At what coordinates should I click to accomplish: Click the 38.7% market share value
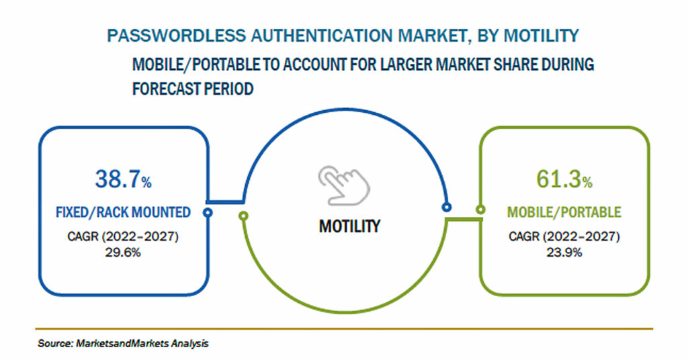124,179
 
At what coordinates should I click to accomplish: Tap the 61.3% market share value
564,179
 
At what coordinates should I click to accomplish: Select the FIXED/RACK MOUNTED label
124,212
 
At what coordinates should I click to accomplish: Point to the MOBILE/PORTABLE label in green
564,212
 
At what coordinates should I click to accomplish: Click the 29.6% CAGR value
123,253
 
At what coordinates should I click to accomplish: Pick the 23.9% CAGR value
564,253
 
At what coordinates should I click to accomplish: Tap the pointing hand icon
344,185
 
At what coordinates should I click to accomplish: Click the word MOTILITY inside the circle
349,226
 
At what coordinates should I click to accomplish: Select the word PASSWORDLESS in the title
177,36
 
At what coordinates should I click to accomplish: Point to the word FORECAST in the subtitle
166,89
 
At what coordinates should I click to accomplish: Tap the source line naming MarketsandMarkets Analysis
123,343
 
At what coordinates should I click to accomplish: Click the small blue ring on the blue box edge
208,213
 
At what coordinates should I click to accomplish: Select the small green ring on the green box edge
480,210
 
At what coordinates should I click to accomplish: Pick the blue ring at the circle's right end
447,207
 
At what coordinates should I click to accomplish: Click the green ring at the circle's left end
243,216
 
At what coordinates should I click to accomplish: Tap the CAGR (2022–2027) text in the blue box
123,237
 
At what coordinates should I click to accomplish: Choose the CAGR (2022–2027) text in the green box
564,237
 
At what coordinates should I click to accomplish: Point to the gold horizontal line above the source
344,328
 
